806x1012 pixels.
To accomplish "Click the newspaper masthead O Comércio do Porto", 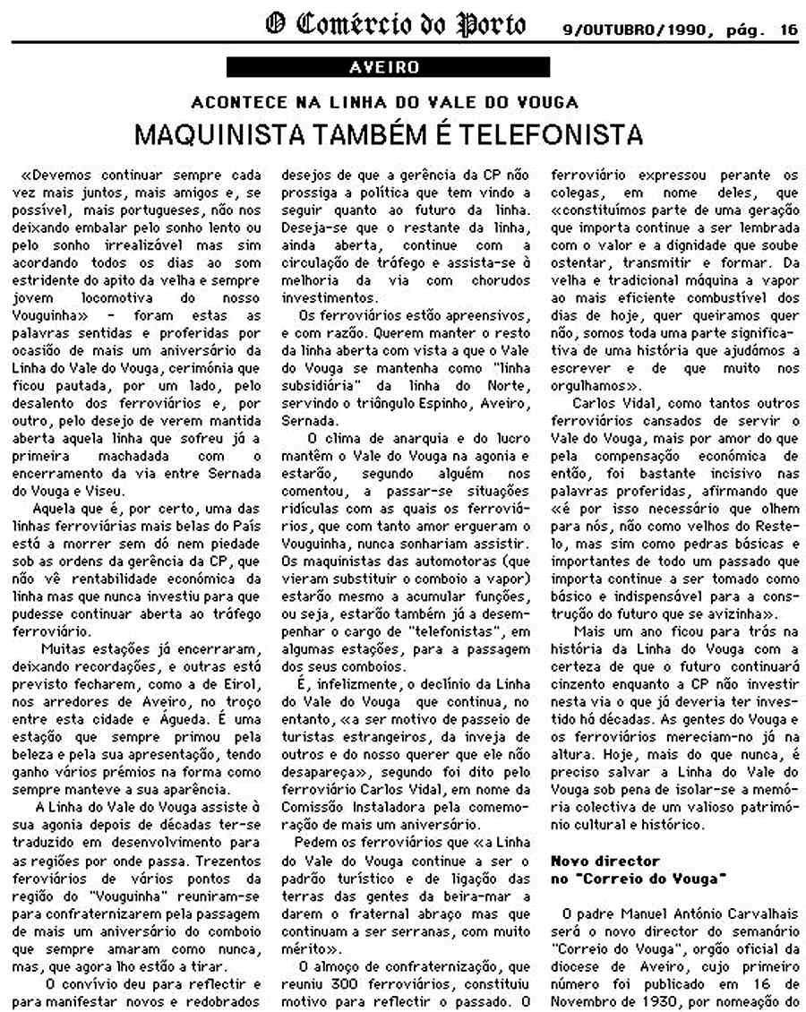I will point(395,25).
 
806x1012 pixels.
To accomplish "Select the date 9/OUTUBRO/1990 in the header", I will point(630,29).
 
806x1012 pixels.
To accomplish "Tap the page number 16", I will point(788,29).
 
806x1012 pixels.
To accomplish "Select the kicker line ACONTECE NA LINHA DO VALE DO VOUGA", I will point(384,102).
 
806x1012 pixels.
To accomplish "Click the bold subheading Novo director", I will point(604,860).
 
